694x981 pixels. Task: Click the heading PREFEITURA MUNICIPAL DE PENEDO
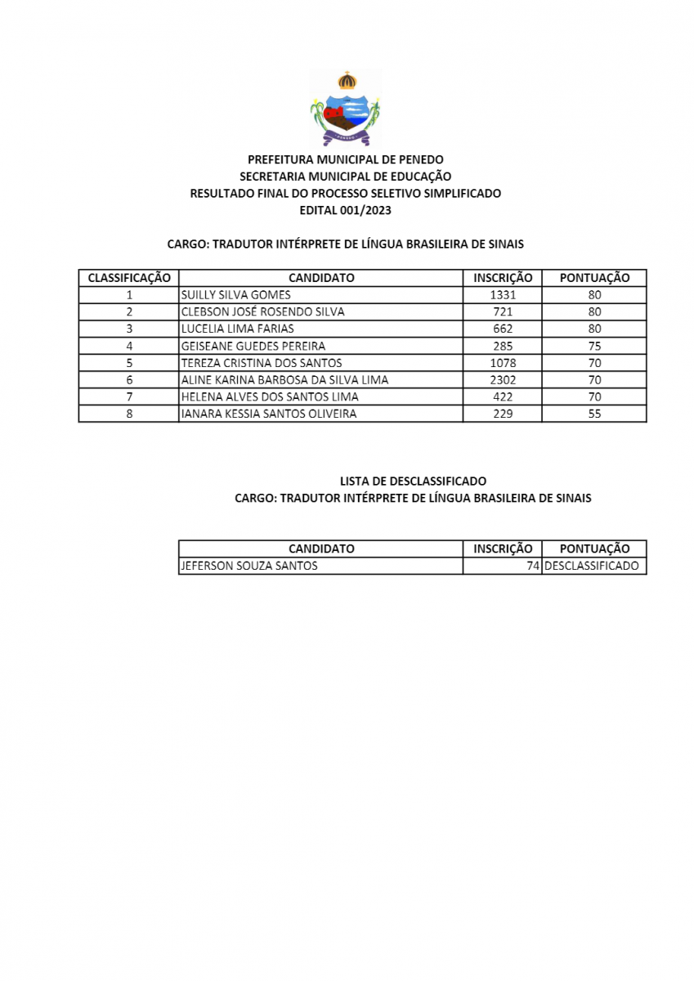click(x=346, y=159)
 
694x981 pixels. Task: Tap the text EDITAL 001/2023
click(x=346, y=210)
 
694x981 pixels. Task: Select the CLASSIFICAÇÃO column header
click(x=129, y=278)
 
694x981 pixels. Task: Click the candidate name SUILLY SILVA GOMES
click(x=235, y=295)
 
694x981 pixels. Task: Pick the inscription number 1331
click(x=503, y=295)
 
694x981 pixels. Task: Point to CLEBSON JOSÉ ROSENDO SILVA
click(x=262, y=312)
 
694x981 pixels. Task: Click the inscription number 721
click(x=503, y=312)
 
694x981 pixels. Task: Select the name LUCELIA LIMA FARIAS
click(x=237, y=329)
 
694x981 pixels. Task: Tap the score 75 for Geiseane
click(x=594, y=346)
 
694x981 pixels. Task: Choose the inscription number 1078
click(x=503, y=363)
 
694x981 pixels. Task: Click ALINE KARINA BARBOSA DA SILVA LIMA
click(x=284, y=380)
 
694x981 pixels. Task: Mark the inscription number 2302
click(x=503, y=380)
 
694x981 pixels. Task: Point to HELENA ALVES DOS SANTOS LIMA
click(x=270, y=397)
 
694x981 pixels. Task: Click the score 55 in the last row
click(x=594, y=414)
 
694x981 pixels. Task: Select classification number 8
click(x=129, y=414)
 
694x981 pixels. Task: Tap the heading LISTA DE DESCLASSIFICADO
click(x=413, y=482)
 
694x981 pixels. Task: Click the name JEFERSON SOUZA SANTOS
click(x=249, y=566)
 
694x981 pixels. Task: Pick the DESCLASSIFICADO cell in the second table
click(x=592, y=566)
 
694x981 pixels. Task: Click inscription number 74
click(x=532, y=566)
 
